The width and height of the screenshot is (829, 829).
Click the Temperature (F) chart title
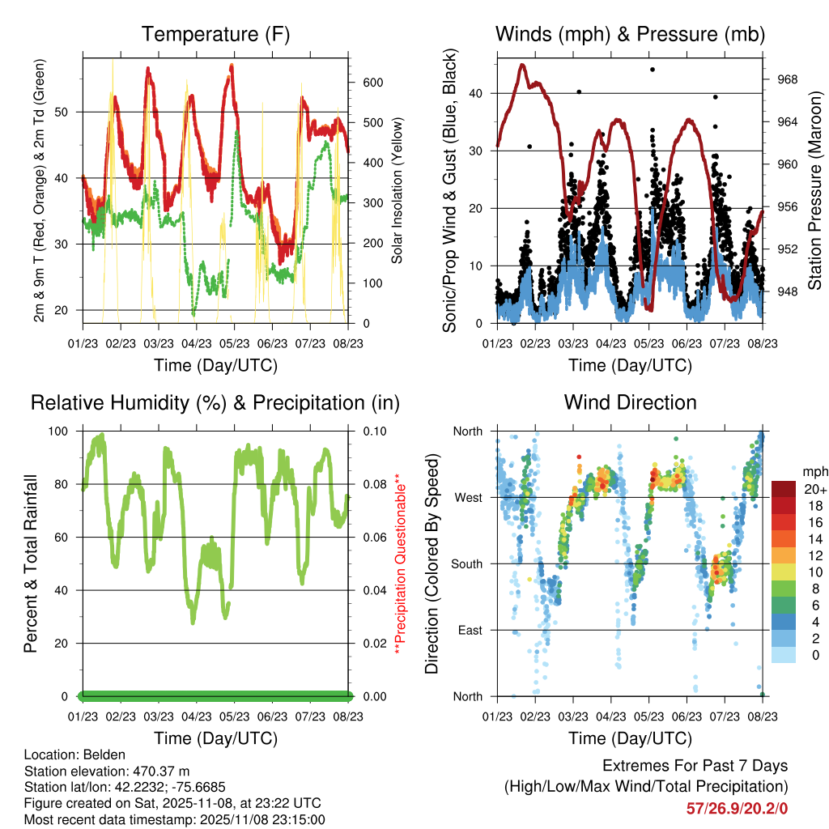pyautogui.click(x=215, y=35)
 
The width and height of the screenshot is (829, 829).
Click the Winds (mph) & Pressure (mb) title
pyautogui.click(x=630, y=35)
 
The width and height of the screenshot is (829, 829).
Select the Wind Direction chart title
pyautogui.click(x=630, y=402)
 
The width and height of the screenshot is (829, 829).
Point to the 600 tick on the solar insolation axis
pyautogui.click(x=372, y=83)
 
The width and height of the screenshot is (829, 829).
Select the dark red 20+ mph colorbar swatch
pyautogui.click(x=784, y=489)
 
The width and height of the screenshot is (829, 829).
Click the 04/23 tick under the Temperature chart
pyautogui.click(x=197, y=333)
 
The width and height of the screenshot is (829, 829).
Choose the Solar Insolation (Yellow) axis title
pyautogui.click(x=397, y=191)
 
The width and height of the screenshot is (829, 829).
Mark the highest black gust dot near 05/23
pyautogui.click(x=653, y=70)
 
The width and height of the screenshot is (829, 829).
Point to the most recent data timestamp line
pyautogui.click(x=175, y=819)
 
